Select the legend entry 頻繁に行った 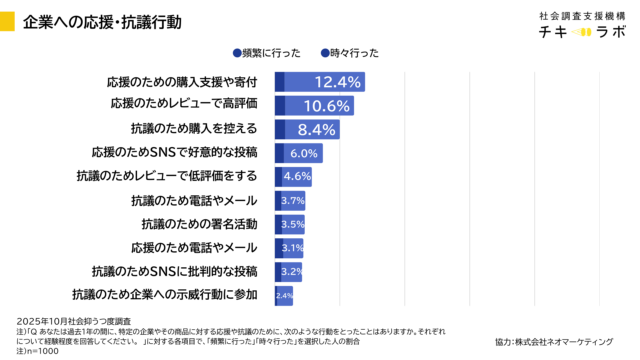pyautogui.click(x=266, y=53)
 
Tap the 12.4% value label pyautogui.click(x=337, y=82)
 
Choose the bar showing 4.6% pyautogui.click(x=293, y=177)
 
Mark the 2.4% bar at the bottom pyautogui.click(x=284, y=295)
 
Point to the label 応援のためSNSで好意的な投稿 pyautogui.click(x=174, y=153)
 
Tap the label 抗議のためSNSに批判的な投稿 pyautogui.click(x=174, y=271)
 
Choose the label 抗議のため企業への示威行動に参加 pyautogui.click(x=165, y=295)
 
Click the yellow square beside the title pyautogui.click(x=8, y=20)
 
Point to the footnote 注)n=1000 pyautogui.click(x=23, y=352)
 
